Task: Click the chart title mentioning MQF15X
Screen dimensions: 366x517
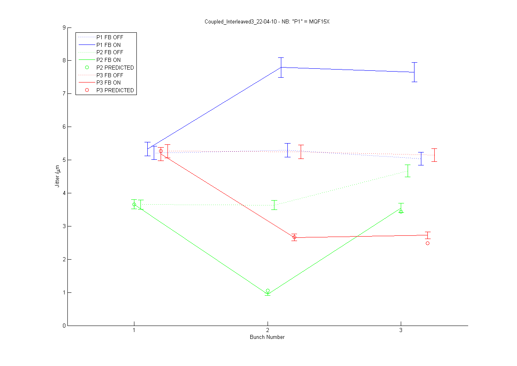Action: click(x=268, y=21)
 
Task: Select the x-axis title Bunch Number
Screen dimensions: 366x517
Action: click(x=267, y=337)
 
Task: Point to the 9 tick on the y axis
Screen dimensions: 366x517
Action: click(x=64, y=28)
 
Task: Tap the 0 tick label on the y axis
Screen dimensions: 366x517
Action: click(x=64, y=326)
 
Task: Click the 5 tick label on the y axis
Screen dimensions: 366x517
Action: click(x=64, y=160)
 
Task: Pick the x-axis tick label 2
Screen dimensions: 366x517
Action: click(x=267, y=330)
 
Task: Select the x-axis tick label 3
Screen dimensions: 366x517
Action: click(x=401, y=330)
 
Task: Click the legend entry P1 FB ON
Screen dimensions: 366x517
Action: click(x=108, y=44)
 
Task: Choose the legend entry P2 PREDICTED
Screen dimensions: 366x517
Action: click(x=115, y=68)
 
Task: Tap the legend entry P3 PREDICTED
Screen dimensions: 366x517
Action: click(x=115, y=90)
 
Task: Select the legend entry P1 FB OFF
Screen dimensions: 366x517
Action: click(x=109, y=37)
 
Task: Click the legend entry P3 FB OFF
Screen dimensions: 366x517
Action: click(x=109, y=75)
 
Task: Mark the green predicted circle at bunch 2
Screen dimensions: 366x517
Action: click(x=268, y=291)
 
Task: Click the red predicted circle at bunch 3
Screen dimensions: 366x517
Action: click(x=427, y=243)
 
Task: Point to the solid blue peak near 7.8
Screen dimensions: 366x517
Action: click(x=281, y=67)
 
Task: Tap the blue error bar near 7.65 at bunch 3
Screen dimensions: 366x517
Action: click(x=414, y=72)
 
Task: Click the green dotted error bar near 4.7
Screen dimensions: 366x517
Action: click(x=408, y=171)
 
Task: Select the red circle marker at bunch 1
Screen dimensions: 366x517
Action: click(x=161, y=151)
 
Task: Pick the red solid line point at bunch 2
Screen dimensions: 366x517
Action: click(x=294, y=237)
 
